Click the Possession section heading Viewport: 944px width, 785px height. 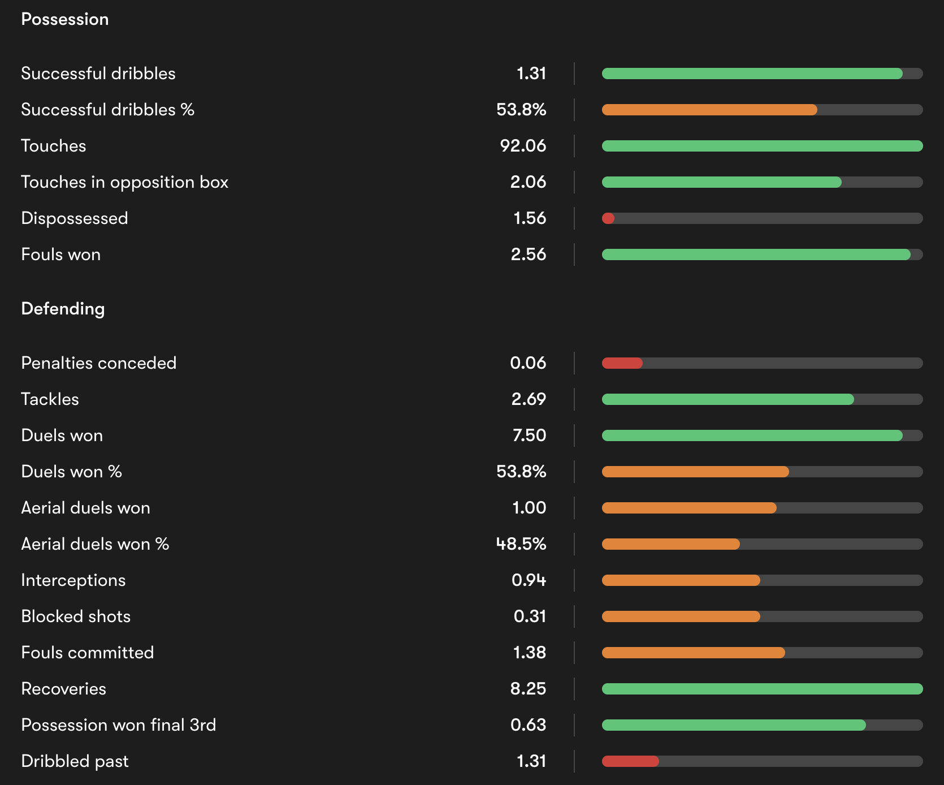[x=64, y=19]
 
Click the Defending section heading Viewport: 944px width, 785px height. [x=63, y=309]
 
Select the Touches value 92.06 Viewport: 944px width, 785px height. [x=523, y=146]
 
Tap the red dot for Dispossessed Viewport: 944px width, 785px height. [x=608, y=218]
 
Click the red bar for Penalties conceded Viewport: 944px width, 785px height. [x=622, y=363]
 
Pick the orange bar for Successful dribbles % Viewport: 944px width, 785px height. [x=709, y=110]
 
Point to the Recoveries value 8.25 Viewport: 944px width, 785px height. [x=528, y=689]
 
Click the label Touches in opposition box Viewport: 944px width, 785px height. [x=124, y=182]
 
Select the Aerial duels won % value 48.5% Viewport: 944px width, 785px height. [x=521, y=544]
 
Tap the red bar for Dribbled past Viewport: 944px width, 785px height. [x=630, y=761]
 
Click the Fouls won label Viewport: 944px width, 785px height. [x=60, y=255]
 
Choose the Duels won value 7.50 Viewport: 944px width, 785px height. [x=529, y=435]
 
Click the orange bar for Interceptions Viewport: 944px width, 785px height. [x=681, y=580]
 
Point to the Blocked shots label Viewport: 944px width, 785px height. [x=76, y=616]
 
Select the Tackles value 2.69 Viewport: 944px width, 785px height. [x=529, y=399]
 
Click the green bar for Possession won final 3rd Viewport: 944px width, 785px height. [x=734, y=725]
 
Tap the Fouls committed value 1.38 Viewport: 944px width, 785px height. [x=529, y=653]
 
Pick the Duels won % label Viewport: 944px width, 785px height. [x=71, y=472]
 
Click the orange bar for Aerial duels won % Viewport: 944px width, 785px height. [x=670, y=544]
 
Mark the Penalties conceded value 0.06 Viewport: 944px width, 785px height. [x=528, y=363]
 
